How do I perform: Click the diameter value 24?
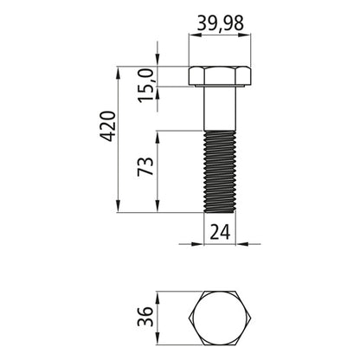[219, 231]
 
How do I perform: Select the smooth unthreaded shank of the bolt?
[220, 109]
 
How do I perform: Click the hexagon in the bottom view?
[220, 315]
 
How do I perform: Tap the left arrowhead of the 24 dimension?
[198, 243]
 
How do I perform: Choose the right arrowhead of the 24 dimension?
[242, 243]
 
